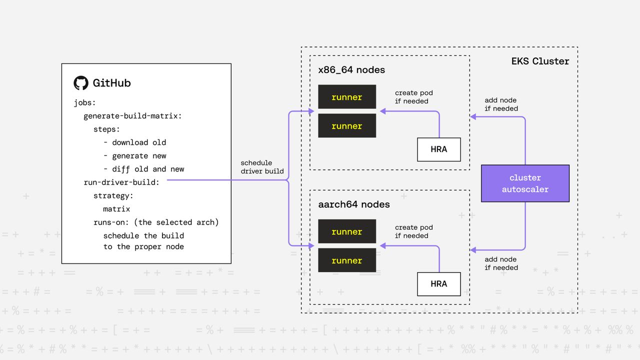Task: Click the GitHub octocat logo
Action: [81, 83]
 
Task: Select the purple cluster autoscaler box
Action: [525, 183]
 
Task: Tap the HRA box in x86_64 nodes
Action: [438, 149]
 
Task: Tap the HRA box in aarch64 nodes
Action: [438, 284]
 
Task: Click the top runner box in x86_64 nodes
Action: [347, 97]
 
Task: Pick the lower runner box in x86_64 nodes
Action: [347, 126]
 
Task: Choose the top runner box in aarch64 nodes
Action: [347, 231]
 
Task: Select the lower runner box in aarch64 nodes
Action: [347, 260]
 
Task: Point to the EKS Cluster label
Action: [540, 61]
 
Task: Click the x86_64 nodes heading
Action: [351, 70]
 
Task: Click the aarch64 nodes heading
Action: [353, 204]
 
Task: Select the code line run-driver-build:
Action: [121, 182]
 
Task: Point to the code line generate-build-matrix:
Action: [132, 116]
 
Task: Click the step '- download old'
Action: [134, 142]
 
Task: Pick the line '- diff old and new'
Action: [143, 169]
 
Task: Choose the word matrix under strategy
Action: [116, 209]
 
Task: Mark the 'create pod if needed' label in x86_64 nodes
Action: [413, 97]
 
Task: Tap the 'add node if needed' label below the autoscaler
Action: [501, 263]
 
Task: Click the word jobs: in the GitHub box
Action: [84, 103]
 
